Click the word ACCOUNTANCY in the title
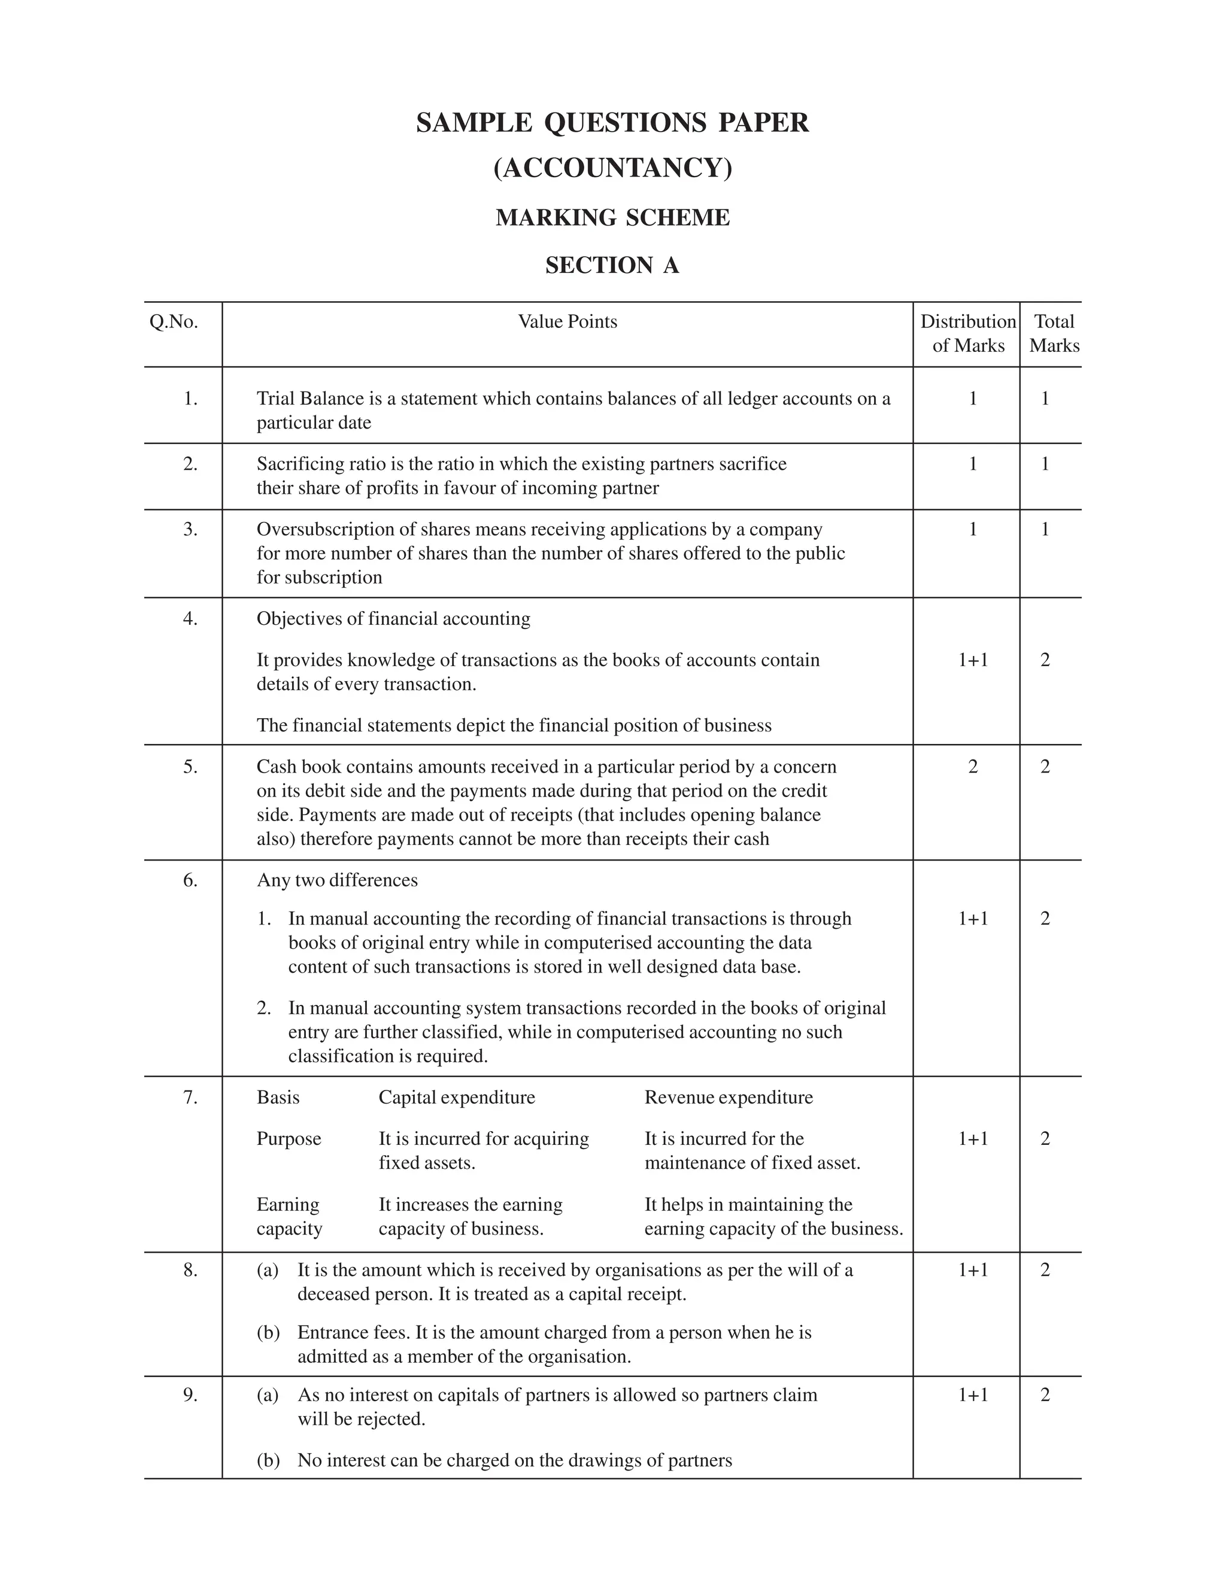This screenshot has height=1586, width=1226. click(x=612, y=168)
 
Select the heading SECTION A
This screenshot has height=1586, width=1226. click(x=612, y=265)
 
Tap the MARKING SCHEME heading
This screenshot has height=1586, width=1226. click(x=612, y=217)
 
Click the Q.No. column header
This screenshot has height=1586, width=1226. click(x=174, y=322)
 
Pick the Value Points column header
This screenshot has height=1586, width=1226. click(x=568, y=322)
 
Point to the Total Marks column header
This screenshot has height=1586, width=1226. click(x=1054, y=333)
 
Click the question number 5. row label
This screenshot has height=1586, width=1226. click(x=190, y=767)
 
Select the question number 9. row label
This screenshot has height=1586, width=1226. click(x=190, y=1395)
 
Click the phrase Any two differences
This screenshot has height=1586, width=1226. click(x=337, y=880)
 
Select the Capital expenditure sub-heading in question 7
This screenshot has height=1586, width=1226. click(x=457, y=1097)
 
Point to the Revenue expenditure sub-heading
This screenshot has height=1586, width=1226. click(x=729, y=1097)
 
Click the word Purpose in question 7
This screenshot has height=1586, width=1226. click(x=289, y=1139)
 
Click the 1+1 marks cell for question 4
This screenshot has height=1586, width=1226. click(x=973, y=660)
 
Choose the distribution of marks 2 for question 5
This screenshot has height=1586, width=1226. click(x=973, y=767)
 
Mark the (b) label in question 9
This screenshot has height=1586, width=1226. click(x=268, y=1460)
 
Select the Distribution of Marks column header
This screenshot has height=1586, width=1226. click(x=967, y=333)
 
